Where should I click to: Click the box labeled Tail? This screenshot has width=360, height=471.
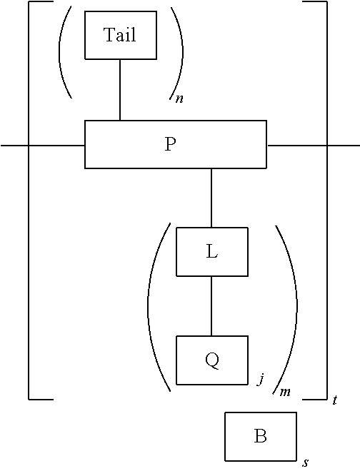[120, 35]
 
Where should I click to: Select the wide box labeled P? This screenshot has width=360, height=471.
[175, 144]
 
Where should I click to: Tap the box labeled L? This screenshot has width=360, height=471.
[211, 251]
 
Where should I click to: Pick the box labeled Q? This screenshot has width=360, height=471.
[211, 360]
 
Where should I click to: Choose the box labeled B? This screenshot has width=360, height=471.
[260, 436]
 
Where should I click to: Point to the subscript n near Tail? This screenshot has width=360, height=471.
[179, 99]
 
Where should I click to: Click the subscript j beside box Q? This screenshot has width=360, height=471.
[262, 380]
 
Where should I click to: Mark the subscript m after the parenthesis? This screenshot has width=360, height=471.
[285, 392]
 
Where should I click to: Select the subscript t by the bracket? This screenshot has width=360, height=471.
[335, 401]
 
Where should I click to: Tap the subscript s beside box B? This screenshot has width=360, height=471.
[306, 462]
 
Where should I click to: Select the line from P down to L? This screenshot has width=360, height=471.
[211, 198]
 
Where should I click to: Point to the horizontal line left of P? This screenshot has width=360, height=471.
[43, 145]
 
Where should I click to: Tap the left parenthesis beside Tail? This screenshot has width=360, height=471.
[64, 54]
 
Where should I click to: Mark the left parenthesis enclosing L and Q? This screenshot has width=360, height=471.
[152, 307]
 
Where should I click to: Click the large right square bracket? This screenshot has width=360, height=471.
[326, 200]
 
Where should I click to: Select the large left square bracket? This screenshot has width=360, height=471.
[29, 200]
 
